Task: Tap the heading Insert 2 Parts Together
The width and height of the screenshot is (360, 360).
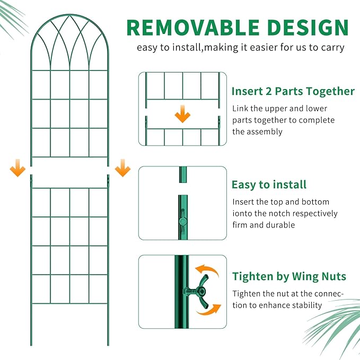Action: pyautogui.click(x=293, y=91)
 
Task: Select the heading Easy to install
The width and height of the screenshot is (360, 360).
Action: pyautogui.click(x=269, y=185)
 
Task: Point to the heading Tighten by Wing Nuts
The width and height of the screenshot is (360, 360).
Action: pyautogui.click(x=289, y=276)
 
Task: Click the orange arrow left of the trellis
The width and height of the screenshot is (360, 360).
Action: pyautogui.click(x=17, y=170)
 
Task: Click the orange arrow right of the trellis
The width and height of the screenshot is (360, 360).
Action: pyautogui.click(x=122, y=170)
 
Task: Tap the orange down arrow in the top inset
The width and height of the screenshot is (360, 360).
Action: pyautogui.click(x=182, y=113)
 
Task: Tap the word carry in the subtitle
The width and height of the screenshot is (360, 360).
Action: pyautogui.click(x=331, y=48)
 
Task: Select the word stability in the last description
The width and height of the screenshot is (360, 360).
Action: pyautogui.click(x=304, y=305)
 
